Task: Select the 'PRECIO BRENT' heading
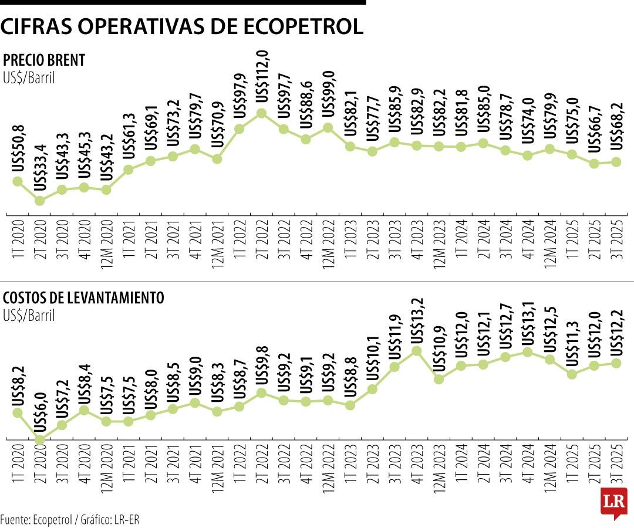coord(44,60)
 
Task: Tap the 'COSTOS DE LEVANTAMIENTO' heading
coord(83,298)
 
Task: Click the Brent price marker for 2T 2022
coord(262,113)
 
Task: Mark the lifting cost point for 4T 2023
coord(417,351)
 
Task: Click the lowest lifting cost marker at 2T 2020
coord(40,439)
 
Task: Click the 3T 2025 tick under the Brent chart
coord(616,238)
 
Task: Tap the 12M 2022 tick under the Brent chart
coord(328,241)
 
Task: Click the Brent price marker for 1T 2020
coord(18,181)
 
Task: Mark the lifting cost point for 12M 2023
coord(439,379)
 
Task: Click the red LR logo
coord(614,502)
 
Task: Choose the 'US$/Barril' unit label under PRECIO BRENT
coord(29,77)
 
